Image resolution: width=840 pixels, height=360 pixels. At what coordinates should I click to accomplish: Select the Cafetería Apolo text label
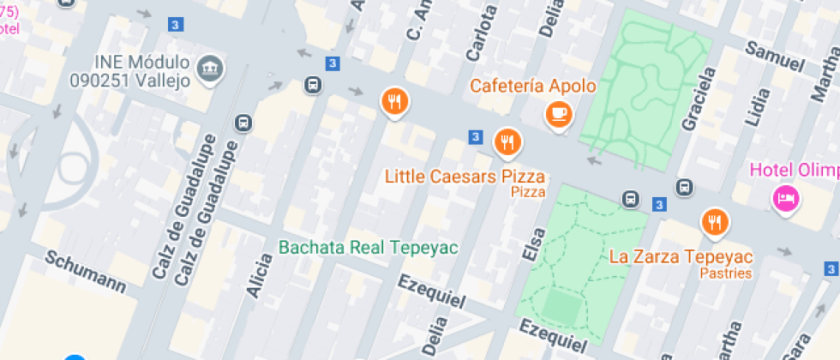pos(532,87)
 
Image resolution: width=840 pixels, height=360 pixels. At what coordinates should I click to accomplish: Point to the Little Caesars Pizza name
pos(465,177)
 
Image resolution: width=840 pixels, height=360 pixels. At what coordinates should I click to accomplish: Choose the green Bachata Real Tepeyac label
pos(369,248)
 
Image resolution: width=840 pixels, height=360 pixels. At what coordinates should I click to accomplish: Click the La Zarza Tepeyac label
pos(681,256)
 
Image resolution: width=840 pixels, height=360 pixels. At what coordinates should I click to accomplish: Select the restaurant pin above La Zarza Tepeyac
pos(714,223)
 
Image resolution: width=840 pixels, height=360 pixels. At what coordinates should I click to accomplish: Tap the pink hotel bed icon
pos(784,200)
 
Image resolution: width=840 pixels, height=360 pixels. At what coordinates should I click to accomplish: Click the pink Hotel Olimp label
pos(794,170)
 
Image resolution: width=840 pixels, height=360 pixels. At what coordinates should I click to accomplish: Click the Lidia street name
pos(759,107)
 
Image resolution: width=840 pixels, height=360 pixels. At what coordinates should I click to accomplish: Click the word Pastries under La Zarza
pos(725,273)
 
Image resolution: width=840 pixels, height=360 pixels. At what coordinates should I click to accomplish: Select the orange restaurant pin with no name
pos(393,102)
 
